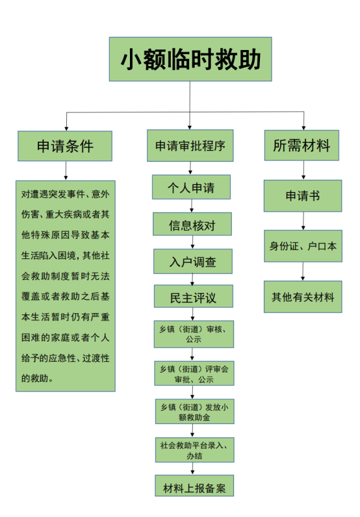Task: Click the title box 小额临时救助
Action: pyautogui.click(x=190, y=59)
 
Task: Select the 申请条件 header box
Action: pyautogui.click(x=65, y=146)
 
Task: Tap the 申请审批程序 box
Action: pyautogui.click(x=190, y=145)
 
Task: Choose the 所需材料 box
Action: pyautogui.click(x=302, y=145)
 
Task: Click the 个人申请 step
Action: pyautogui.click(x=191, y=187)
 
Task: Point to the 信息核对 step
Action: pyautogui.click(x=192, y=224)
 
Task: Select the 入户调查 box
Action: pyautogui.click(x=193, y=262)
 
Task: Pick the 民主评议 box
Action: pyautogui.click(x=194, y=296)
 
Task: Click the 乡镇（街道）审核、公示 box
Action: pyautogui.click(x=194, y=334)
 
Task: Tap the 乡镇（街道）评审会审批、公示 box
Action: pyautogui.click(x=194, y=373)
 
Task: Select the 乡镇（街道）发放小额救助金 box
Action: pyautogui.click(x=195, y=412)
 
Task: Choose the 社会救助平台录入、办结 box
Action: pyautogui.click(x=195, y=450)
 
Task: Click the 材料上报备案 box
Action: pyautogui.click(x=194, y=486)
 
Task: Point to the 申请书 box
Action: pyautogui.click(x=303, y=196)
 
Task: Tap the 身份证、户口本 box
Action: pyautogui.click(x=303, y=246)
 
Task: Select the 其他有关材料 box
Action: pyautogui.click(x=303, y=297)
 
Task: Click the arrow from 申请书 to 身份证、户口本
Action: pyautogui.click(x=303, y=221)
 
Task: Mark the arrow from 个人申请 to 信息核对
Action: pyautogui.click(x=192, y=206)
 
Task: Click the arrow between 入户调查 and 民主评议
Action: pyautogui.click(x=192, y=279)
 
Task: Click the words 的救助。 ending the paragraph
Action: pyautogui.click(x=37, y=378)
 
